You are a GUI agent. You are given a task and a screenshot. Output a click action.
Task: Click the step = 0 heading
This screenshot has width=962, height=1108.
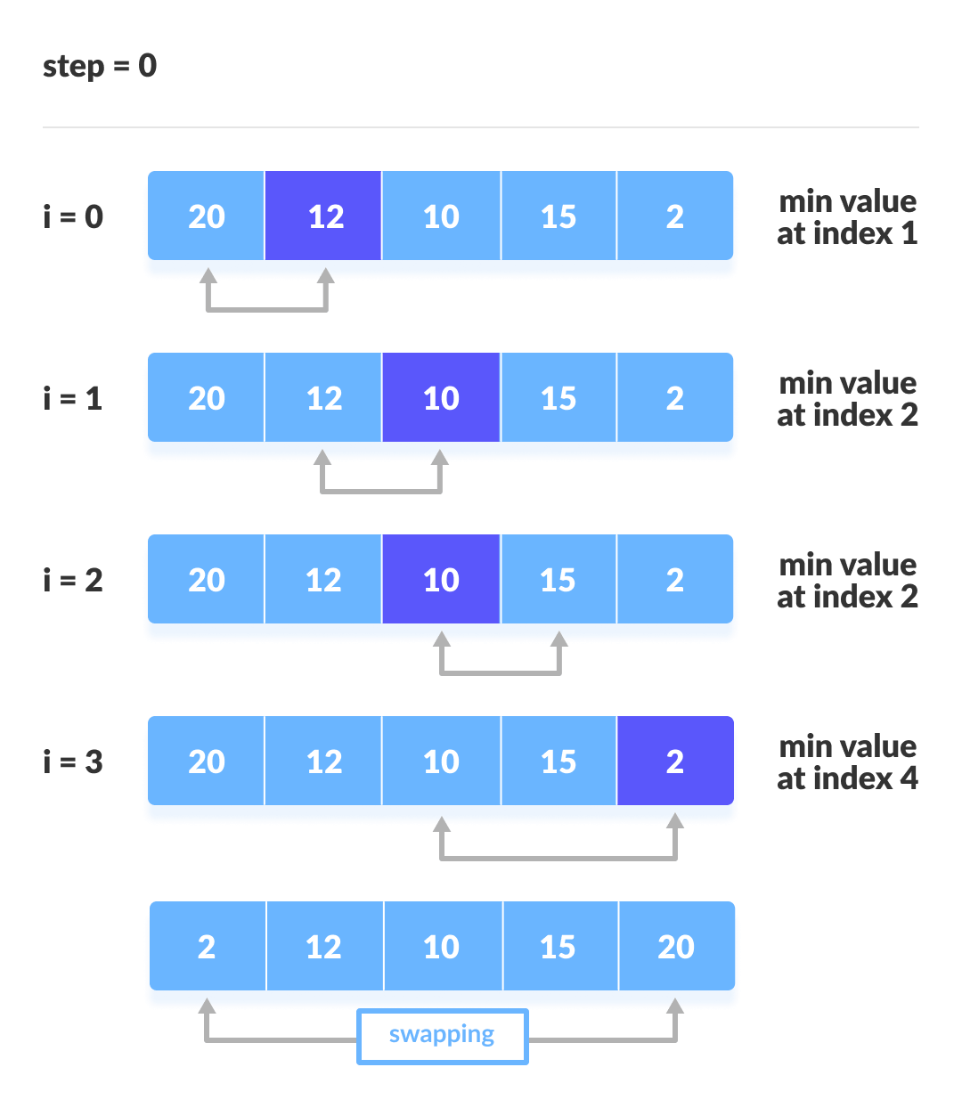point(100,66)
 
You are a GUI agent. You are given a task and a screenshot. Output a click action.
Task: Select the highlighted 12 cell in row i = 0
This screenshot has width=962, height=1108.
point(324,216)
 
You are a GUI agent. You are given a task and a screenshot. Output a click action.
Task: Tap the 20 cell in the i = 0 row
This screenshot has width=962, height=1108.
point(206,216)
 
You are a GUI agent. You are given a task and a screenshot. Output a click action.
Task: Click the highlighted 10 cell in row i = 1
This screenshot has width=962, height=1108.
point(441,398)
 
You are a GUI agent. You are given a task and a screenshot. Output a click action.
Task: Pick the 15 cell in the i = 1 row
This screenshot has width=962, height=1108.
point(558,398)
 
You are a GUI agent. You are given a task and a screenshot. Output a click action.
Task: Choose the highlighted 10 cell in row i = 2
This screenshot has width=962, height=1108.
point(441,580)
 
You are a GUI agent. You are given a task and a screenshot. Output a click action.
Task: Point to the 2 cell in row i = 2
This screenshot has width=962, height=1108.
point(675,580)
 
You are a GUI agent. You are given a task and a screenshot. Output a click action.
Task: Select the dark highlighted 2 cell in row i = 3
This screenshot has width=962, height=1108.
point(675,762)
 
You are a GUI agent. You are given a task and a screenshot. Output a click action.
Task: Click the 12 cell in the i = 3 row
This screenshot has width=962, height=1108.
point(324,762)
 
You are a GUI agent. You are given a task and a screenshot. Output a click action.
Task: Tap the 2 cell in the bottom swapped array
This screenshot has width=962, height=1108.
point(207,947)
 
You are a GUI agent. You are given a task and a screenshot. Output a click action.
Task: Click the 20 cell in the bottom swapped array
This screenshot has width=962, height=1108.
point(676,947)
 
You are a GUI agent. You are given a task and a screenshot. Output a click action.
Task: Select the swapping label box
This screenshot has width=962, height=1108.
point(442,1036)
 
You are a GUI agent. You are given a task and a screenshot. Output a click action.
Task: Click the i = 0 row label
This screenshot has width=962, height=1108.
point(73,216)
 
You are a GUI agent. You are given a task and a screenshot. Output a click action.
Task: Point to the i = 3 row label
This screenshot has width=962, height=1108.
point(73,762)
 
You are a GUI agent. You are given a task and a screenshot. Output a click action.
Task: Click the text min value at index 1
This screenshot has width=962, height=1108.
point(847,217)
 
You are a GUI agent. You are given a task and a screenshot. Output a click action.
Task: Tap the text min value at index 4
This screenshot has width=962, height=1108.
point(847,762)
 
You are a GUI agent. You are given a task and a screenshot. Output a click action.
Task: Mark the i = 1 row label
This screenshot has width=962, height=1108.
point(73,398)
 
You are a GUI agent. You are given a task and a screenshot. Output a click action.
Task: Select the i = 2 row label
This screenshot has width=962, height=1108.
point(73,580)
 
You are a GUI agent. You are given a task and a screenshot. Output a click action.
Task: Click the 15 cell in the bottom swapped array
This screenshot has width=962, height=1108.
point(558,947)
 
